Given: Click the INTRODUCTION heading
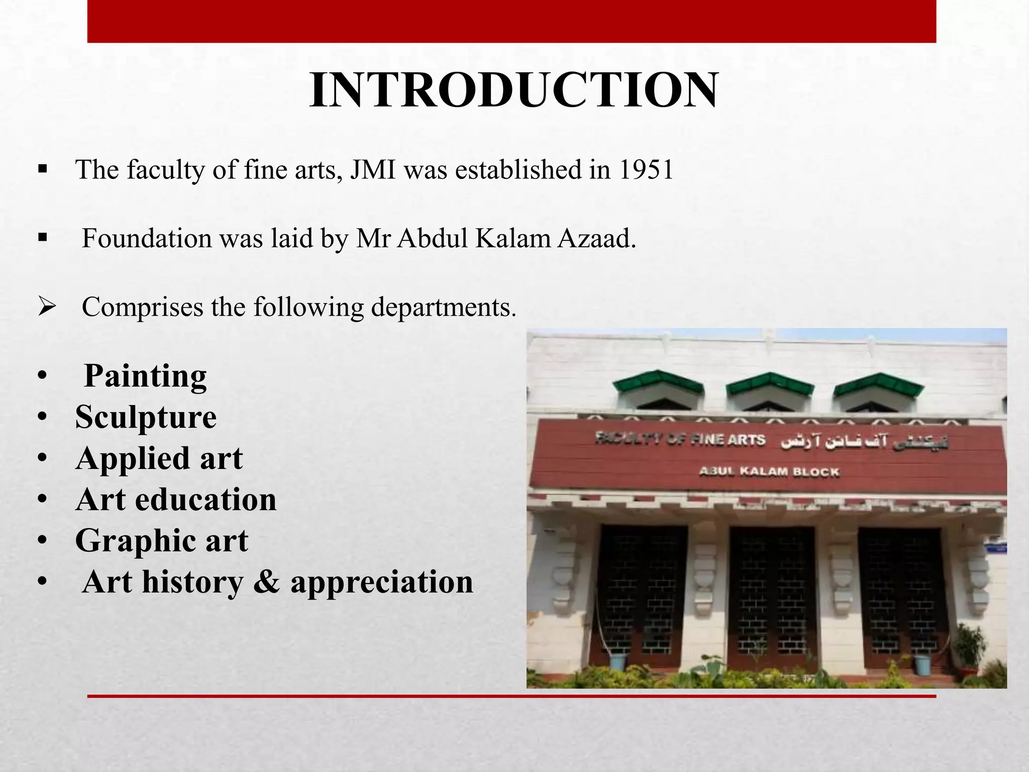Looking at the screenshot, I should (513, 90).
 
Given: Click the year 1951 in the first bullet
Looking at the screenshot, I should (646, 170).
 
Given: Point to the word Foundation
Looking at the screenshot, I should (147, 238).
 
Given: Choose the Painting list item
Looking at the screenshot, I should (145, 376).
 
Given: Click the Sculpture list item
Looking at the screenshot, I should (146, 417).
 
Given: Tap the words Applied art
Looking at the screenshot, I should (159, 458).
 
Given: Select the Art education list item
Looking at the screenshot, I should (176, 500).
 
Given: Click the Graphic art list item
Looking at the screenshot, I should (161, 541).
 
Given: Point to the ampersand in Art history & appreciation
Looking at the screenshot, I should (266, 582).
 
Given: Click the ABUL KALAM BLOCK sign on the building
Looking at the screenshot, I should (769, 472).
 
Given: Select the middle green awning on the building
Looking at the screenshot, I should (769, 384).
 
